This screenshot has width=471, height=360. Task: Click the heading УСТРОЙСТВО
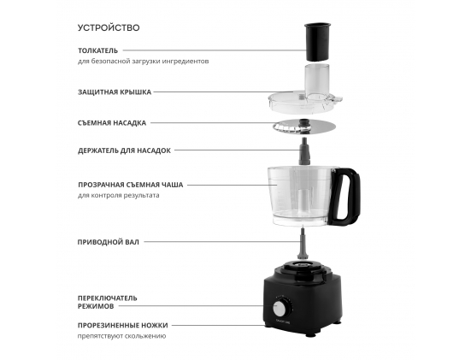[x=109, y=27]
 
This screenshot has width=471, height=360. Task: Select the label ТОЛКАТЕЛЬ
[x=98, y=50]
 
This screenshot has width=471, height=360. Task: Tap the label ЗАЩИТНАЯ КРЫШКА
[x=115, y=92]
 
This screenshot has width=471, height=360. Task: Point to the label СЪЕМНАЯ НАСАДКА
[x=112, y=123]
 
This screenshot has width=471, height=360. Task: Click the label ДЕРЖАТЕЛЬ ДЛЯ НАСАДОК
[x=124, y=150]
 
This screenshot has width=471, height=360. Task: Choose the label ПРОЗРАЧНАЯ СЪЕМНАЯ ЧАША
[x=131, y=185]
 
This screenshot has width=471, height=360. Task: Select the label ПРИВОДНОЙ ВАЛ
[x=109, y=242]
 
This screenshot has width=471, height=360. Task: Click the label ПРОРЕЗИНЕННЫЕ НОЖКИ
[x=123, y=326]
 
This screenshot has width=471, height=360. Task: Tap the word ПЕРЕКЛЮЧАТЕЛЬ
[x=107, y=298]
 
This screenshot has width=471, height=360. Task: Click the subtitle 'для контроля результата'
[x=119, y=195]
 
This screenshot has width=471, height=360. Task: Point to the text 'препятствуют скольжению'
[x=121, y=336]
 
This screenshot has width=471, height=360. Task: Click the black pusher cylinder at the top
[x=317, y=41]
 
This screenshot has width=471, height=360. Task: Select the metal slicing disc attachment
[x=304, y=127]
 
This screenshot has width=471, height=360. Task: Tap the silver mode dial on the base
[x=280, y=309]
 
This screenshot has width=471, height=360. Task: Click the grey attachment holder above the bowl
[x=304, y=150]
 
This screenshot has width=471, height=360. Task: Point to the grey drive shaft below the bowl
[x=303, y=244]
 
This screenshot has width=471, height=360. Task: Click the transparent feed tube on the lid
[x=317, y=82]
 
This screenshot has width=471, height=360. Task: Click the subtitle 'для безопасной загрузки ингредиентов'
[x=144, y=62]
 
